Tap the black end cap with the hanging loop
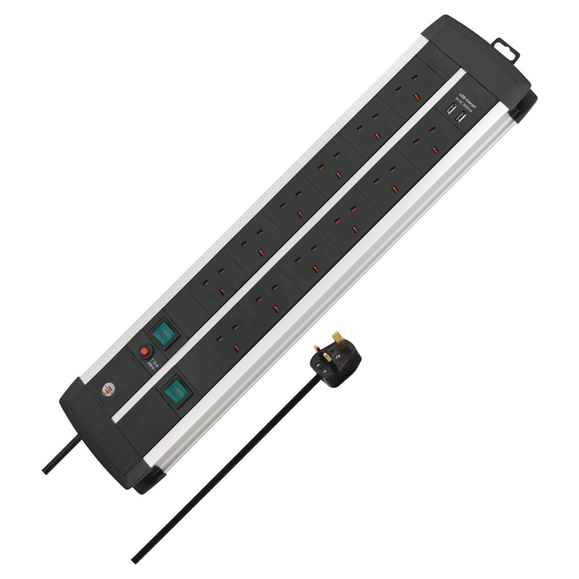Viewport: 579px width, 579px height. click(x=482, y=56)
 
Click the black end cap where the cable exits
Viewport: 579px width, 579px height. click(x=105, y=426)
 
